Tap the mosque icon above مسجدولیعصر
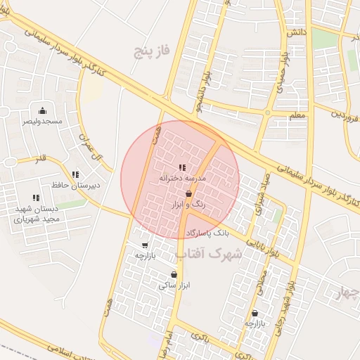42,110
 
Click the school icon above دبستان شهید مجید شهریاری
35,198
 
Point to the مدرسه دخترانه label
182,179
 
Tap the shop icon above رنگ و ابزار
188,193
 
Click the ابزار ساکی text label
174,285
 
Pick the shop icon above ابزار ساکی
174,274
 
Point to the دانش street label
295,33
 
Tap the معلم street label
297,115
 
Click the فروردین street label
346,113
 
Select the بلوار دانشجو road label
209,85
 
